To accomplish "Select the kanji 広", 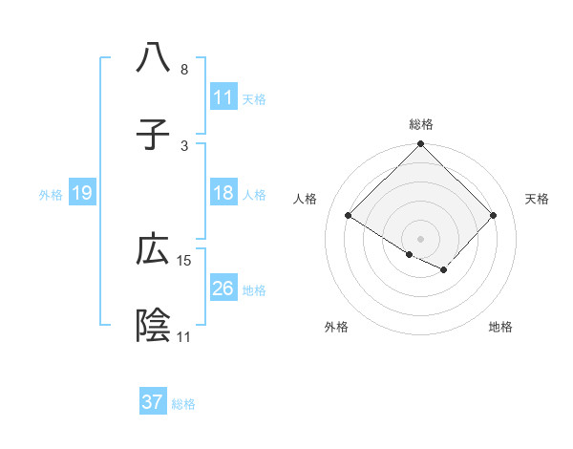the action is click(153, 249).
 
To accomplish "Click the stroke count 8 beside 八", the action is click(184, 70).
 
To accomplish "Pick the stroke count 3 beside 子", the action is click(184, 145).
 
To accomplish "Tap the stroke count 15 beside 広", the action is click(184, 260).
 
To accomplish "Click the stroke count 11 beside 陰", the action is click(184, 336).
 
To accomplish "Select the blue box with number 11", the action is click(223, 97).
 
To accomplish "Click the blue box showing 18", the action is click(223, 193).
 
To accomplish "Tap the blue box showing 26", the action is click(223, 289).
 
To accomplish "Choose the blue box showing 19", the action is click(82, 193).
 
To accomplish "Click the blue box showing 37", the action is click(153, 402).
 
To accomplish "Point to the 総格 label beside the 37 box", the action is click(183, 404).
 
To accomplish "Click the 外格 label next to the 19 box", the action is click(51, 195).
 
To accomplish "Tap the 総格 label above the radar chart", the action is click(420, 124).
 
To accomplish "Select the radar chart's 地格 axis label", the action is click(500, 327).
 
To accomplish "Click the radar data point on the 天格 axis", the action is click(493, 216).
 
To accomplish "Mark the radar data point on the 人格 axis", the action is click(349, 216).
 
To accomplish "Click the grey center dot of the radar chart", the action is click(420, 238).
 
